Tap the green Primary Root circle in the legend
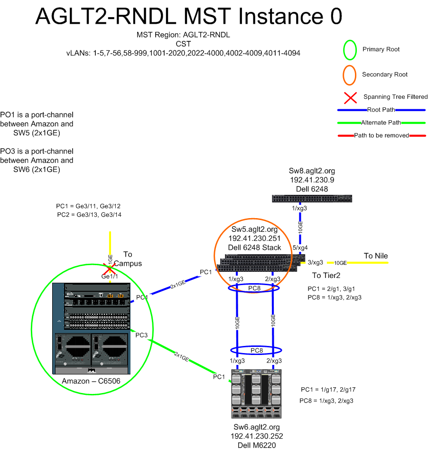[350, 49]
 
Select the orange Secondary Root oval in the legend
[350, 75]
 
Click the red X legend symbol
[351, 97]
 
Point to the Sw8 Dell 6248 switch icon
[311, 199]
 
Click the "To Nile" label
[376, 256]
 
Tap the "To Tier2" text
[326, 275]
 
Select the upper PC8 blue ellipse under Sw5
[254, 288]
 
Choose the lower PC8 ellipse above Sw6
[257, 350]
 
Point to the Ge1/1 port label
[110, 277]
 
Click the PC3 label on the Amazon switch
[142, 335]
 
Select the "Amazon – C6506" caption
[90, 382]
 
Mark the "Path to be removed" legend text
[381, 135]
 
